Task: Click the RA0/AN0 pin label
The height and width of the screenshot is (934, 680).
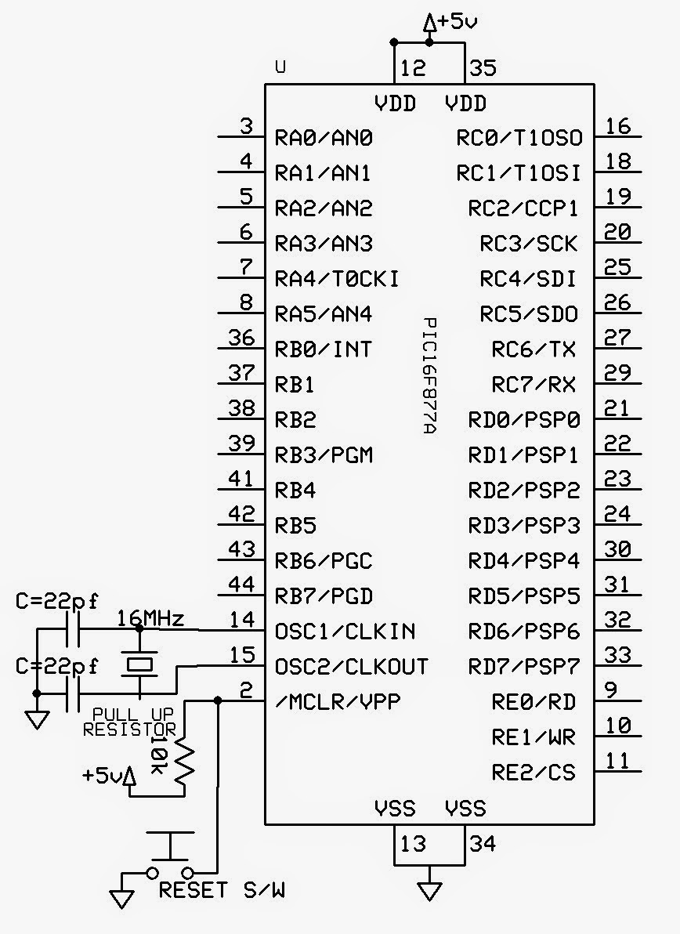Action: (x=324, y=138)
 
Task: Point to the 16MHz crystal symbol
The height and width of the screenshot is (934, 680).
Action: (x=139, y=665)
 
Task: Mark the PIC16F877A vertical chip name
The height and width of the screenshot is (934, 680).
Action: (x=429, y=377)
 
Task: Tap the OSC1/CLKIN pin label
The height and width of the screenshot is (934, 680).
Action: (x=345, y=632)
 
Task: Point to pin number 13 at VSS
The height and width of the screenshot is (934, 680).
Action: (x=412, y=844)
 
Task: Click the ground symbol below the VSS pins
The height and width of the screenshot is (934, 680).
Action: (x=429, y=889)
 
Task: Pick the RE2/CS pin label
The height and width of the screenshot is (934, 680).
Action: (x=534, y=772)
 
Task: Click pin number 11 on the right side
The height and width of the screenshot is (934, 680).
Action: (x=619, y=761)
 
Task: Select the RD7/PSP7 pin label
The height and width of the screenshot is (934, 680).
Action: (x=524, y=667)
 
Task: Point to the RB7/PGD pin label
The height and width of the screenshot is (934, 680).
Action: (x=324, y=596)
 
